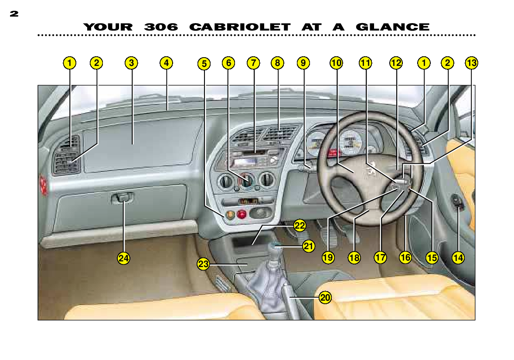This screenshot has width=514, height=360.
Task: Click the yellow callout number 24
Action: click(123, 258)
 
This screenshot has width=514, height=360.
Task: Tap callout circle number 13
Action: click(471, 63)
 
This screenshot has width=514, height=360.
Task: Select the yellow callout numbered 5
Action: click(204, 64)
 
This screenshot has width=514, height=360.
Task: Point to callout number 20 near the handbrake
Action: click(325, 298)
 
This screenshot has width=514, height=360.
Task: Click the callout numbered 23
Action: click(203, 264)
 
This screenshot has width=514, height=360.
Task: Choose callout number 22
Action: click(300, 226)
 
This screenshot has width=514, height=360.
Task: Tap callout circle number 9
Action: click(303, 63)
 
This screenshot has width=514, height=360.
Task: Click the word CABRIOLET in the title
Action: click(240, 27)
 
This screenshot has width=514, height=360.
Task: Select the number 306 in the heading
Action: click(160, 27)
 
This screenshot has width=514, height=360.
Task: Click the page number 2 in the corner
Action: click(14, 14)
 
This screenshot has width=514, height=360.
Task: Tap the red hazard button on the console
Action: click(242, 215)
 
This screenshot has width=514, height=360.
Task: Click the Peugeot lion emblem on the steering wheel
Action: click(371, 170)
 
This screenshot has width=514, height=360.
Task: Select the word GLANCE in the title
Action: click(392, 27)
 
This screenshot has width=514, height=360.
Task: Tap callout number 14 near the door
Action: click(458, 257)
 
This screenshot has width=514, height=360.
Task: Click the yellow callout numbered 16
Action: click(405, 257)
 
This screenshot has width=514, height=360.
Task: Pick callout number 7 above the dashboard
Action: click(253, 63)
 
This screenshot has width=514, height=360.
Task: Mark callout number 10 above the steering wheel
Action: click(336, 63)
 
